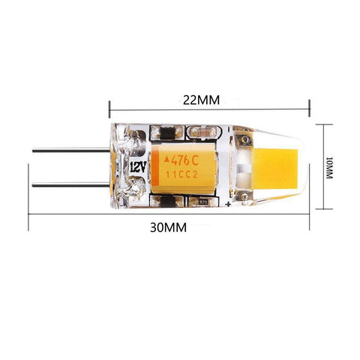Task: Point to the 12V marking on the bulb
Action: click(137, 164)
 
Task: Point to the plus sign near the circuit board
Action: click(227, 203)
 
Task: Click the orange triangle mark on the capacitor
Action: click(167, 159)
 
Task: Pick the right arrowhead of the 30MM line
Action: click(310, 213)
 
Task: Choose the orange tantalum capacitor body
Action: click(184, 166)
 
